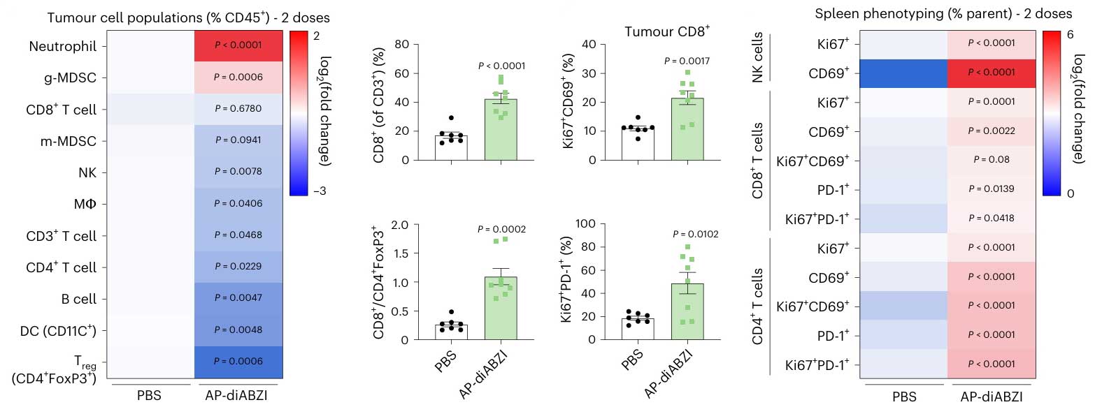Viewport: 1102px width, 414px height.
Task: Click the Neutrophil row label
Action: pyautogui.click(x=62, y=46)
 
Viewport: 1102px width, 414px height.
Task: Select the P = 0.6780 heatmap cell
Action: pyautogui.click(x=238, y=109)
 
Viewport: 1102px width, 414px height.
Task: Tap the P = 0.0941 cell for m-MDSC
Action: pyautogui.click(x=238, y=140)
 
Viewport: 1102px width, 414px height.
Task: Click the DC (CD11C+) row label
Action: pyautogui.click(x=58, y=330)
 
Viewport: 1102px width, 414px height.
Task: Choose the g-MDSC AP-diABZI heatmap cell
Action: pyautogui.click(x=238, y=77)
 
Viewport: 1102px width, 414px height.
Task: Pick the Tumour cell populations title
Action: pyautogui.click(x=188, y=17)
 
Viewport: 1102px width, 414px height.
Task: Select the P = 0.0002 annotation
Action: pyautogui.click(x=501, y=229)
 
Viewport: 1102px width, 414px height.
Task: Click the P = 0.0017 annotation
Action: pyautogui.click(x=687, y=61)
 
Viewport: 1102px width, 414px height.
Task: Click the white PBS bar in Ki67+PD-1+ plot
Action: pyautogui.click(x=638, y=329)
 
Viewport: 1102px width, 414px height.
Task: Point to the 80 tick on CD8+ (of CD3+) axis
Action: pyautogui.click(x=401, y=45)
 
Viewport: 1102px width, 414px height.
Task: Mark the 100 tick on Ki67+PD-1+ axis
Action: pyautogui.click(x=585, y=223)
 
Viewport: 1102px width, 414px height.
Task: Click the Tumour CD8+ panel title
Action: pyautogui.click(x=666, y=31)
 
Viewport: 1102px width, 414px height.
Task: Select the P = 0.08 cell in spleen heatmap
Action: pyautogui.click(x=992, y=160)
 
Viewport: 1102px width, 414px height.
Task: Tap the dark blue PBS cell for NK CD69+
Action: pyautogui.click(x=903, y=73)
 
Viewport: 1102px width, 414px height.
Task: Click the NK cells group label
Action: pyautogui.click(x=758, y=58)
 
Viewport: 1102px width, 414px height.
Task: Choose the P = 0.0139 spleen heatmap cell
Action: pyautogui.click(x=992, y=188)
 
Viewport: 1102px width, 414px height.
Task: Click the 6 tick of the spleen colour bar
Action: pyautogui.click(x=1070, y=35)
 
